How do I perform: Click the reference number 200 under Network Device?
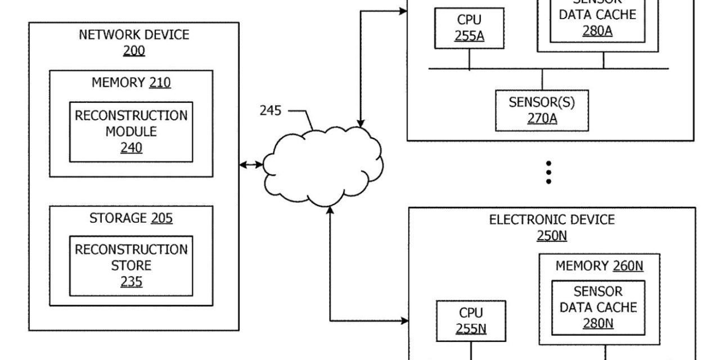(x=134, y=51)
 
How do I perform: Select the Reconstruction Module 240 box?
(x=131, y=132)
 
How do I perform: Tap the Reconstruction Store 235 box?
(x=131, y=265)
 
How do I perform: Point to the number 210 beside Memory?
(x=160, y=83)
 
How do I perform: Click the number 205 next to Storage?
(x=161, y=218)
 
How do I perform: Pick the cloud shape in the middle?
(x=321, y=166)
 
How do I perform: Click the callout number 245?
(x=270, y=110)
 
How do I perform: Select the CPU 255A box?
(x=469, y=28)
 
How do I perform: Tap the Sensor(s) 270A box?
(x=542, y=110)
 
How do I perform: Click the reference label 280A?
(x=597, y=30)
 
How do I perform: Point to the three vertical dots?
(x=548, y=173)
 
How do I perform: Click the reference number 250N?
(x=551, y=235)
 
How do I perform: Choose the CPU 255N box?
(x=471, y=321)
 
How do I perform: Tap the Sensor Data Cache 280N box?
(x=598, y=308)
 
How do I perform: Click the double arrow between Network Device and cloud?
(x=251, y=165)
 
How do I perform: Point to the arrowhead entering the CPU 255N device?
(x=404, y=321)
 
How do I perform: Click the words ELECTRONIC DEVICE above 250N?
(x=552, y=219)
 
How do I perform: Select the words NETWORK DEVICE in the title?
(x=134, y=35)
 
